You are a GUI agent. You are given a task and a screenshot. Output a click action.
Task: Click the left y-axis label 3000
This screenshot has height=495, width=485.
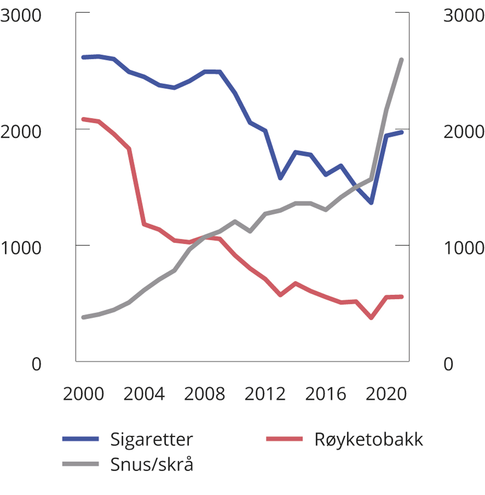tap(21, 16)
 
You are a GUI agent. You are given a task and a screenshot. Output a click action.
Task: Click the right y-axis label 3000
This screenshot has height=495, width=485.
tap(464, 16)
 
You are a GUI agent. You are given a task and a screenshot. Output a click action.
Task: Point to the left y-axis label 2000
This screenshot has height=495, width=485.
tap(21, 132)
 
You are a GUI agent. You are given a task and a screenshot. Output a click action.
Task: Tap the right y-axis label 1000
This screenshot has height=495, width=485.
tap(464, 248)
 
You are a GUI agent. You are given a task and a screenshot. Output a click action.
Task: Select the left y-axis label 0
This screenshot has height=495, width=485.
tap(36, 364)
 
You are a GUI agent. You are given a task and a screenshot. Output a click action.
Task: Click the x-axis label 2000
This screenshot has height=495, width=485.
tap(83, 394)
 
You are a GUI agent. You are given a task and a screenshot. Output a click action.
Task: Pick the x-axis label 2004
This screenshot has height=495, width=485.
tap(144, 394)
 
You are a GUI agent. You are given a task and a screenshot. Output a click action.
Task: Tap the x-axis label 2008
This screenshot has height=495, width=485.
tap(205, 394)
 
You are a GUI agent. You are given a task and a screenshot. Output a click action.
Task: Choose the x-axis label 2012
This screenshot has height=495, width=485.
tap(265, 394)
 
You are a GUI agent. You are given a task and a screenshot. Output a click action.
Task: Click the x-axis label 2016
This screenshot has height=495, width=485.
tap(326, 394)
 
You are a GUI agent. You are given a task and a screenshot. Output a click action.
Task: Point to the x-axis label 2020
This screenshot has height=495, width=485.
tap(386, 394)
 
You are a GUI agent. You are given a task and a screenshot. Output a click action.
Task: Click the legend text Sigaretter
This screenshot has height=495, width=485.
tap(152, 439)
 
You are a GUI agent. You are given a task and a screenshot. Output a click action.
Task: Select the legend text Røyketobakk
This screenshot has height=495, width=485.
tap(369, 439)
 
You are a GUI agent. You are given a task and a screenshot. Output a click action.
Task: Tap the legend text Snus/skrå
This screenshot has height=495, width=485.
tap(152, 465)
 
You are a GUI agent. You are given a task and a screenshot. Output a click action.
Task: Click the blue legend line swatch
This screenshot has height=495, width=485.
tap(80, 439)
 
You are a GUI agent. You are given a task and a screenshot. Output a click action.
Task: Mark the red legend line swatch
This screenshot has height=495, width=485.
tap(285, 439)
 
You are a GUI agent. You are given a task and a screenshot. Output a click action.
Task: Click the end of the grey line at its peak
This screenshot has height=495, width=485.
tap(401, 60)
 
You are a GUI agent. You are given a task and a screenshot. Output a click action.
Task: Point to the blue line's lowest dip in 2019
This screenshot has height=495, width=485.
tap(371, 203)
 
